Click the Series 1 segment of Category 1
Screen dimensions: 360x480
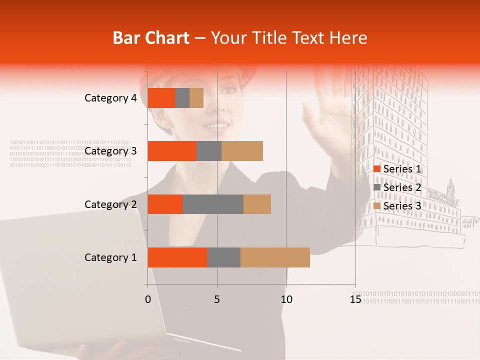point(177,257)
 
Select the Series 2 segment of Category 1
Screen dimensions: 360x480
point(223,257)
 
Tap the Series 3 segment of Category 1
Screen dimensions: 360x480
point(275,257)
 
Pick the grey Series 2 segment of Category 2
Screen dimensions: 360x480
point(212,204)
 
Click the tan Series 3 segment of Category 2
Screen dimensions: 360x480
point(257,204)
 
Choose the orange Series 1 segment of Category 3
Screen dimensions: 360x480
point(171,151)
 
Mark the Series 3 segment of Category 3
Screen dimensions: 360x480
point(242,151)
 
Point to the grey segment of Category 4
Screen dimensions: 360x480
point(182,98)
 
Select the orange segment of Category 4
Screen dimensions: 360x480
point(161,98)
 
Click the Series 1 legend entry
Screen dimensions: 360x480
point(397,169)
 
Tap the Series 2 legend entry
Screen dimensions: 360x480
point(397,187)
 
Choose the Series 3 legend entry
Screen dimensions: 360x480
point(397,205)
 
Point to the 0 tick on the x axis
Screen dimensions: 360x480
point(147,299)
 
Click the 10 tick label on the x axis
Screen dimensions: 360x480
point(286,299)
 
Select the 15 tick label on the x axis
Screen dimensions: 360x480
point(355,299)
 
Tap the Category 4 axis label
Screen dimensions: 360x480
point(110,98)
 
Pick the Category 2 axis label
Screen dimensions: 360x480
point(110,204)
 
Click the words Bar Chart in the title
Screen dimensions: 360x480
point(151,38)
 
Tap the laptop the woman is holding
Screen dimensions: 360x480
point(75,280)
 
